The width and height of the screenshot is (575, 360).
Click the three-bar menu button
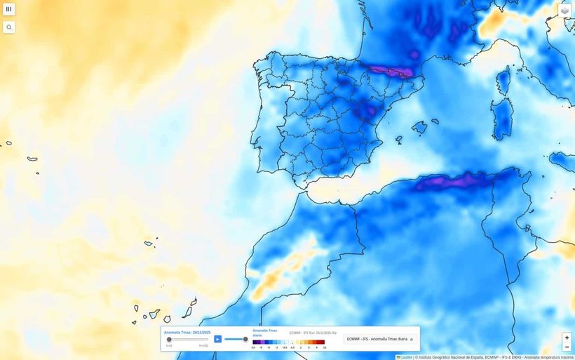point(9,9)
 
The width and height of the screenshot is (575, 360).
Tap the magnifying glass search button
point(9,27)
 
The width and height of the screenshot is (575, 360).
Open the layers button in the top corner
point(564,11)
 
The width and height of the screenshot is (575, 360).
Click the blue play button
point(217,339)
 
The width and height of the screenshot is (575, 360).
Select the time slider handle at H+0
point(169,339)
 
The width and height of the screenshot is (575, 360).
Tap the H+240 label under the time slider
point(203,345)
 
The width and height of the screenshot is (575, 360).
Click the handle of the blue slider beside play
point(245,339)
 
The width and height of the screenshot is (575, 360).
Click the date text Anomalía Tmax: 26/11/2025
point(187,332)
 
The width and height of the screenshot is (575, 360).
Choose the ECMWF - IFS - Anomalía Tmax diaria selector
point(379,339)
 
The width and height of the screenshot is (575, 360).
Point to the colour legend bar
point(289,342)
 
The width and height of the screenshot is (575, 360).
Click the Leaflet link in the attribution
point(406,357)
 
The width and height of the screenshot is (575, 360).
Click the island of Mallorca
point(419,128)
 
